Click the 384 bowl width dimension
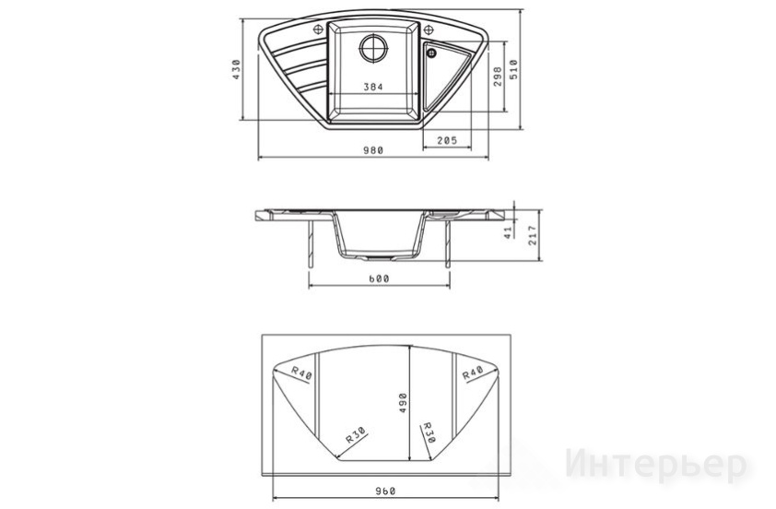click(x=373, y=88)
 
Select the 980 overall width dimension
click(x=373, y=150)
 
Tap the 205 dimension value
click(x=447, y=140)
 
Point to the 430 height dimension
click(x=236, y=69)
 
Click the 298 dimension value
click(x=498, y=77)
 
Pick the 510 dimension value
click(x=513, y=69)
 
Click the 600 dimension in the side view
click(x=379, y=278)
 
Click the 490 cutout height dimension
click(x=403, y=403)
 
